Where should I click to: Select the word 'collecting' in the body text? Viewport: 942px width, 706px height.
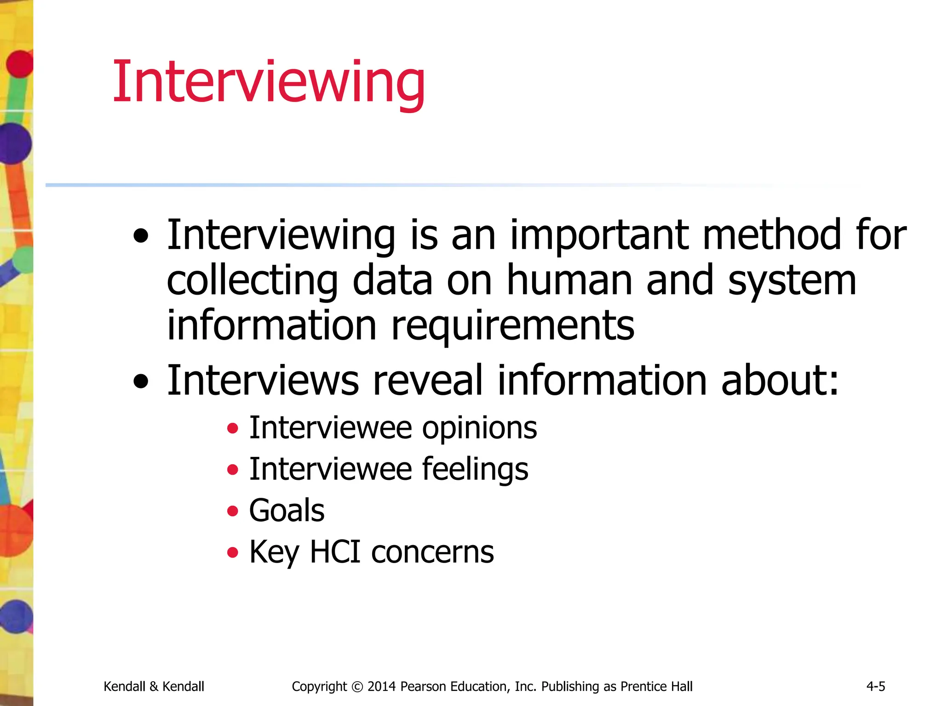click(252, 281)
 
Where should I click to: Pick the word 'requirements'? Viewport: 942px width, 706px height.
click(513, 326)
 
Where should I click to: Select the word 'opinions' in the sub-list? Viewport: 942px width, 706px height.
click(479, 428)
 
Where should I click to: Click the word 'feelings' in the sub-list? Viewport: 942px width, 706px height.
click(475, 470)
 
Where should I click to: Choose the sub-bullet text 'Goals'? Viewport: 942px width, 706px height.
click(287, 511)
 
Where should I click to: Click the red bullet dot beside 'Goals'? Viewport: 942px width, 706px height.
click(233, 511)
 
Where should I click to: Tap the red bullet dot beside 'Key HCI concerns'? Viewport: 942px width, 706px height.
click(233, 552)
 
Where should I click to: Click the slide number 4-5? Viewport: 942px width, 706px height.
click(876, 687)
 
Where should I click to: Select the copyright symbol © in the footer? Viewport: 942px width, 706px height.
click(357, 687)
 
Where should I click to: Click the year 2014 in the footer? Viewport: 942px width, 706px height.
click(382, 687)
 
